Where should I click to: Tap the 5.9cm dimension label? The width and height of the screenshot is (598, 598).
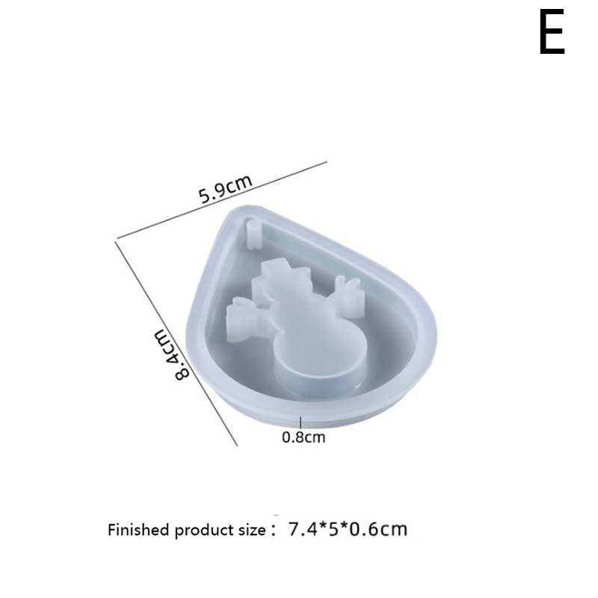click(226, 189)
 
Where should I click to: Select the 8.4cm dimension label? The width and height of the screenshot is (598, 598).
click(172, 354)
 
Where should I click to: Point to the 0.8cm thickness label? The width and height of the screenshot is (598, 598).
click(303, 437)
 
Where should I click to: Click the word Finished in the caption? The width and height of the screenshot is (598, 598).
click(138, 530)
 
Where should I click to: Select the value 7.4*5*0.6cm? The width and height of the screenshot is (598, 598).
click(348, 529)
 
